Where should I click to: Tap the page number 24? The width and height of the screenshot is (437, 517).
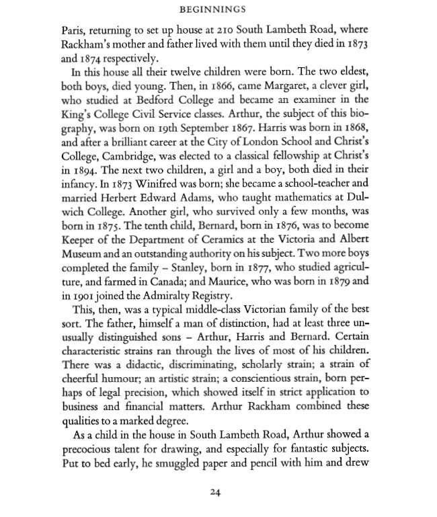click(x=215, y=492)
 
